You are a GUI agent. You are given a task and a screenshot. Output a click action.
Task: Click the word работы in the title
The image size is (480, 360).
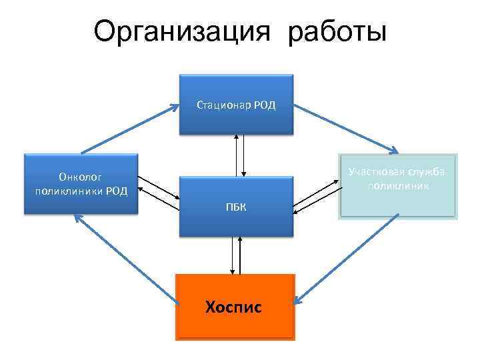pyautogui.click(x=337, y=31)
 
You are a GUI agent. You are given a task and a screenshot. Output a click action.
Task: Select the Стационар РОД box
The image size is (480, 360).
pyautogui.click(x=236, y=105)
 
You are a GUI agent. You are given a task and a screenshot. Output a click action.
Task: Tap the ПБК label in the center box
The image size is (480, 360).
pyautogui.click(x=236, y=207)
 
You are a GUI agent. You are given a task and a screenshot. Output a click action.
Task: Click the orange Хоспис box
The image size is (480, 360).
pyautogui.click(x=235, y=307)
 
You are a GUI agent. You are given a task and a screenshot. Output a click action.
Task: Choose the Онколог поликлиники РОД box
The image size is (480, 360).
pyautogui.click(x=80, y=184)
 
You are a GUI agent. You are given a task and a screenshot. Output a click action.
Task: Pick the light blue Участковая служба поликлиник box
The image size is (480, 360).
pyautogui.click(x=398, y=186)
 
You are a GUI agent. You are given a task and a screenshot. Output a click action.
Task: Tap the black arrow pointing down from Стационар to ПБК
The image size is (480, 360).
pyautogui.click(x=244, y=155)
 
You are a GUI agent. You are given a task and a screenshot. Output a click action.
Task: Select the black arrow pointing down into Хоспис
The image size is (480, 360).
pyautogui.click(x=233, y=256)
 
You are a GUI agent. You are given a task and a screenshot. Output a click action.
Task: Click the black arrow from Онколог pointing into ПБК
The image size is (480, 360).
pyautogui.click(x=160, y=189)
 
